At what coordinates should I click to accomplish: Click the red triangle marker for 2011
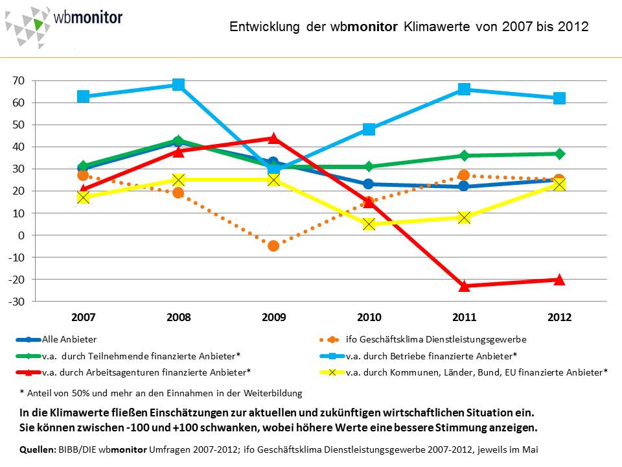point(464,285)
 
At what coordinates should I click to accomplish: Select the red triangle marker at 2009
point(273,138)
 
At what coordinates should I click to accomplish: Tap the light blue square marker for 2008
point(178,85)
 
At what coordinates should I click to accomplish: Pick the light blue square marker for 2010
point(369,129)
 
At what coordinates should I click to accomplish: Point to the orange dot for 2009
point(273,246)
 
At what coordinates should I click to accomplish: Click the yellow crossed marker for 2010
point(369,224)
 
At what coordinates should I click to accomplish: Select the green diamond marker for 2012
point(559,154)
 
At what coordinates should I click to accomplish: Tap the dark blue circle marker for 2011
point(464,186)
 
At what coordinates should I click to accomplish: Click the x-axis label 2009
point(273,318)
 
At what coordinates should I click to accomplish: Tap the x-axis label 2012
point(559,318)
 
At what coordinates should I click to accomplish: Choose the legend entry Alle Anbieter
point(69,339)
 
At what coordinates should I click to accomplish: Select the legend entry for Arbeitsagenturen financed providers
point(146,372)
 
